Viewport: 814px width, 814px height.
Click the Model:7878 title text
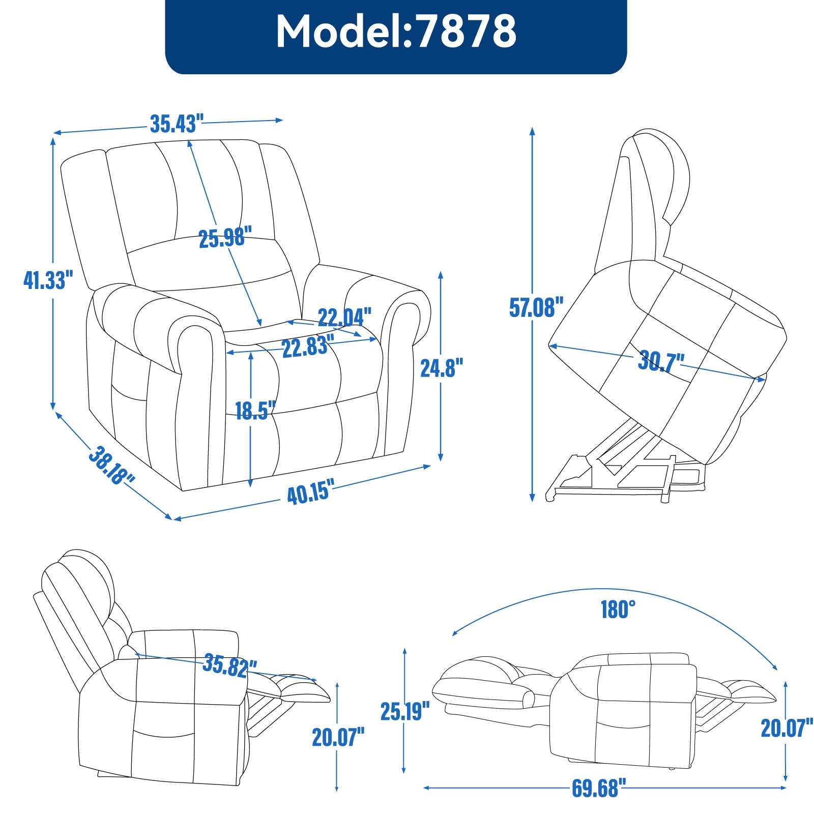[396, 32]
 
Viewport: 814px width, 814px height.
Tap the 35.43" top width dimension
[177, 124]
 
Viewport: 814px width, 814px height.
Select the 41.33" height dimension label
[48, 280]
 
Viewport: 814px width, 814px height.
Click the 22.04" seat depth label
[344, 317]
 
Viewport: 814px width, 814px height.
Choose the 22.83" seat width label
[308, 347]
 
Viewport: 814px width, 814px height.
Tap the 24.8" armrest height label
[441, 368]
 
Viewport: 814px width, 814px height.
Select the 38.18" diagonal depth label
[111, 465]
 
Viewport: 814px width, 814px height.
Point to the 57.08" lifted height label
[536, 307]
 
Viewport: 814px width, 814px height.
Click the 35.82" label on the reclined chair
[229, 665]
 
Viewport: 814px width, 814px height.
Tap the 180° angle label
[618, 609]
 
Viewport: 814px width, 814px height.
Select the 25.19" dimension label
[405, 711]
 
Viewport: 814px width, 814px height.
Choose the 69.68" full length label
[595, 788]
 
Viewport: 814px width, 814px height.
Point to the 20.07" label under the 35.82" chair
[338, 737]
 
